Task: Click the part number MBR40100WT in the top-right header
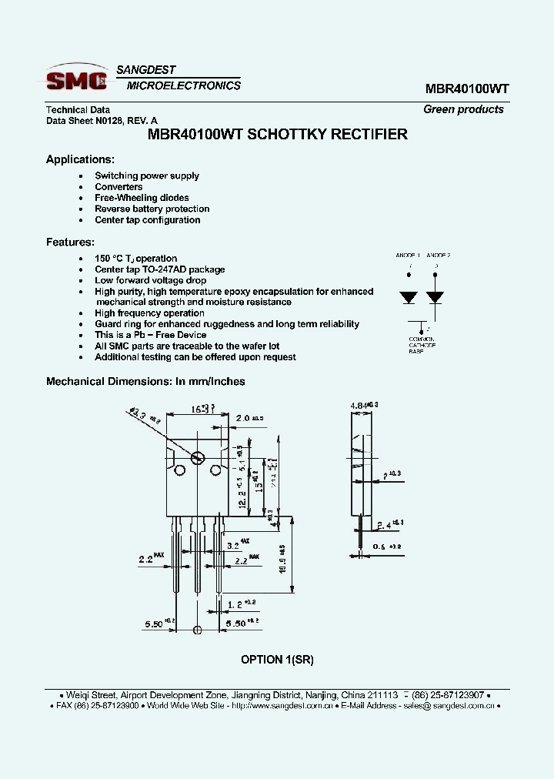tap(466, 89)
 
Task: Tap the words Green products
tap(463, 109)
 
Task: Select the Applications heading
tap(80, 159)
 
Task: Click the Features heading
tap(70, 242)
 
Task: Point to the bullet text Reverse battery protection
tap(152, 209)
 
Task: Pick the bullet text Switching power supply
tap(146, 176)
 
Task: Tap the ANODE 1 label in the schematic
tap(408, 255)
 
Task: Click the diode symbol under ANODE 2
tap(436, 297)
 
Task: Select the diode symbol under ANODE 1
tap(408, 297)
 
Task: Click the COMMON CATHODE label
tap(421, 343)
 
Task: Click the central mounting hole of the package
tap(198, 457)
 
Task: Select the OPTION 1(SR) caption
tap(277, 660)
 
